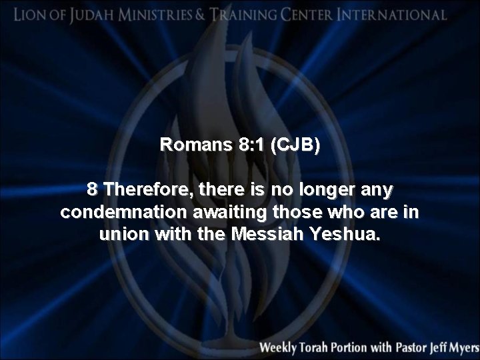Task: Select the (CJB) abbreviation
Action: point(293,145)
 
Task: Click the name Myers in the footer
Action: point(463,347)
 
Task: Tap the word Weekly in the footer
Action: point(282,347)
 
